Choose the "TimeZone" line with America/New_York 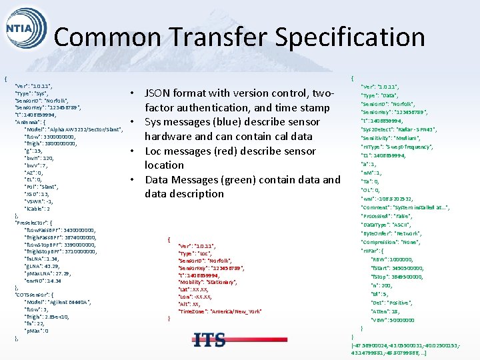[221, 311]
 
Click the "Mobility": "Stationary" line [210, 283]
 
